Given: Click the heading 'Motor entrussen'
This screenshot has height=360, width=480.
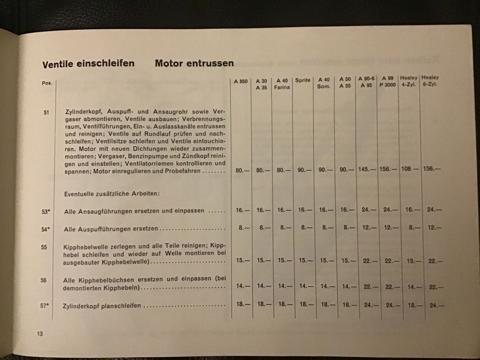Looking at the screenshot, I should [x=194, y=63].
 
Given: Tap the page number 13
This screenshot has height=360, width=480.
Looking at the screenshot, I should [x=40, y=334].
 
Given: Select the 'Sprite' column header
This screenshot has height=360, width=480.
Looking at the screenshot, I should [x=303, y=80].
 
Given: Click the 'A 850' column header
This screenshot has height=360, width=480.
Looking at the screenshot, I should [x=241, y=81].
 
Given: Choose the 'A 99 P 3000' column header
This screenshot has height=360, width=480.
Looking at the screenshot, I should [x=387, y=82].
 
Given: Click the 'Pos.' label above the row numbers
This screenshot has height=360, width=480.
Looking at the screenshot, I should [x=47, y=83].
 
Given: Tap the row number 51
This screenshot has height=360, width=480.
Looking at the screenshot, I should [x=46, y=113].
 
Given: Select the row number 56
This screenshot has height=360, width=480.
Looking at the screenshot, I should [x=43, y=280].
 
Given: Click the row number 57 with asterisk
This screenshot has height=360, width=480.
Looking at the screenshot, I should [x=44, y=306].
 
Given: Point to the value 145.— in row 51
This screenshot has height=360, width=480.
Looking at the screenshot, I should [x=367, y=169].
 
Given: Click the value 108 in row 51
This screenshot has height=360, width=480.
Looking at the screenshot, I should [x=406, y=169].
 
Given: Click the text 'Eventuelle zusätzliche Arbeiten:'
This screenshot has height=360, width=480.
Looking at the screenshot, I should [x=112, y=194].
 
